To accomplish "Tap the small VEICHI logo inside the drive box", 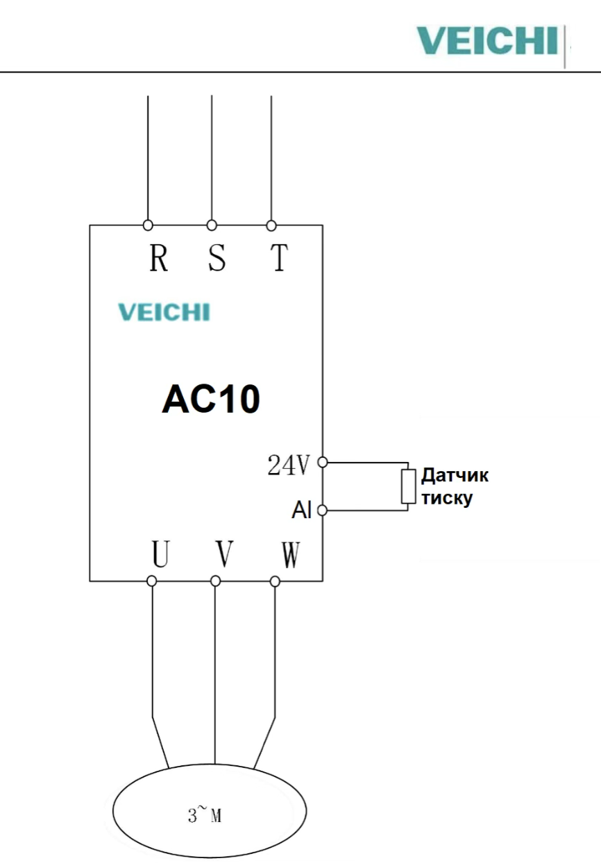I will coord(164,312).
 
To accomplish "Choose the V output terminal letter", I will coord(223,554).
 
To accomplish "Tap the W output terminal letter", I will coord(290,554).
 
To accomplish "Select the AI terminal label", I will coord(302,511).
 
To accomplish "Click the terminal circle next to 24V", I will coord(322,461).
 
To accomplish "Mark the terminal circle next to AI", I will coord(322,511).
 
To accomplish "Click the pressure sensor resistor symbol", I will coord(407,486).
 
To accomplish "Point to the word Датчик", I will coord(455,476).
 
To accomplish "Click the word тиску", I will coord(447,497).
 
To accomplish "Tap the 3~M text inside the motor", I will coord(205,815).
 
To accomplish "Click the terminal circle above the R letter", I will coord(148,225).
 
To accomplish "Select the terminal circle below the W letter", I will coord(275,581).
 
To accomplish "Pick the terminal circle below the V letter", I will coord(216,581).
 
